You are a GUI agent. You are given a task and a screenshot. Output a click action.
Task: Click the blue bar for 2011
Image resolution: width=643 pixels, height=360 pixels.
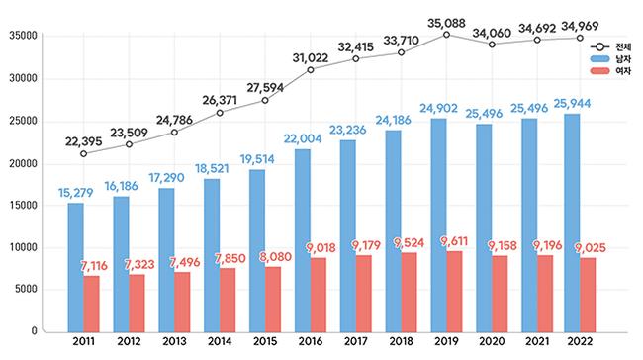(x=76, y=267)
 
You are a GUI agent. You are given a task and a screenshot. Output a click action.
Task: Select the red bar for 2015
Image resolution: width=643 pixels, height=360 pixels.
(x=273, y=300)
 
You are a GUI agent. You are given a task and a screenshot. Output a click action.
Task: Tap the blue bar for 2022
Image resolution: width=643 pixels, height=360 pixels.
(x=572, y=224)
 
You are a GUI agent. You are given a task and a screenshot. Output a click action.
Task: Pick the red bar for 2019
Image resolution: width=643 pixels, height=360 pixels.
(x=454, y=292)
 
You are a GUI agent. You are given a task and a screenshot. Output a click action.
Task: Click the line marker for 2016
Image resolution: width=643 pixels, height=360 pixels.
(x=311, y=70)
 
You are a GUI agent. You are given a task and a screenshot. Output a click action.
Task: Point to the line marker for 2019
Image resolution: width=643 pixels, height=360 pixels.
(x=446, y=35)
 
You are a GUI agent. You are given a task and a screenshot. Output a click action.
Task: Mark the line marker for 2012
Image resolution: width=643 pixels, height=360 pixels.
(x=130, y=144)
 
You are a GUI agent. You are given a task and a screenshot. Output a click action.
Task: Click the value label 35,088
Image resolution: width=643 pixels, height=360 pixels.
(x=446, y=24)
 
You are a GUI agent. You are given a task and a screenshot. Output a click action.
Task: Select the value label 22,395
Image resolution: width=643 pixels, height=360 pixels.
(x=84, y=141)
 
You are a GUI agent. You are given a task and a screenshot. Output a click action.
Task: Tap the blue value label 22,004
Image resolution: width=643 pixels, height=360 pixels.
(x=303, y=139)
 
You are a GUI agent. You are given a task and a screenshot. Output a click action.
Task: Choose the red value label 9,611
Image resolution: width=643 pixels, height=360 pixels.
(x=454, y=241)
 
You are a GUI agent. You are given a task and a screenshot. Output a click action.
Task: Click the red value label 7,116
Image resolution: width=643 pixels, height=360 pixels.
(x=94, y=266)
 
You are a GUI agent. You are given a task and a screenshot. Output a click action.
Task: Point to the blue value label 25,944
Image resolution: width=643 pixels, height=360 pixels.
(x=572, y=104)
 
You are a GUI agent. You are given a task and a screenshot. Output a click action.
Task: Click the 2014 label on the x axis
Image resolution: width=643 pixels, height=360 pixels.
(x=220, y=341)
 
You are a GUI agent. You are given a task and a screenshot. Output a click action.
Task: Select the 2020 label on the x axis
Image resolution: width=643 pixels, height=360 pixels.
(x=492, y=341)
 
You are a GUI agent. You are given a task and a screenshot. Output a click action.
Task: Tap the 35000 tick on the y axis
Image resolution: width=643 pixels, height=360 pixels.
(x=24, y=36)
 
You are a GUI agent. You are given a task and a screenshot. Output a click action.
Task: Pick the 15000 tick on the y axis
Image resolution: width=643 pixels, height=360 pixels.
(x=24, y=206)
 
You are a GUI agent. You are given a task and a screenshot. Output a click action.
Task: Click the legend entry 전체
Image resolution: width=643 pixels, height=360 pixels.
(x=610, y=46)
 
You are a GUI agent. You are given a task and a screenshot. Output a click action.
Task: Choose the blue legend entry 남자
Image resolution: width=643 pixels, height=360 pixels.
(x=610, y=59)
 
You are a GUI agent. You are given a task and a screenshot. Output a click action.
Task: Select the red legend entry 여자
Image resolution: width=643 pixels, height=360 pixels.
(x=610, y=71)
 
